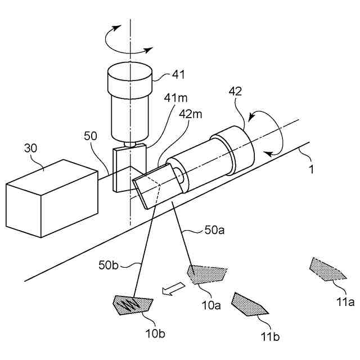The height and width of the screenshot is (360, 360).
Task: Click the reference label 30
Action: click(30, 148)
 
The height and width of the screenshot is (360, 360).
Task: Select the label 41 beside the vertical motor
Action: click(178, 74)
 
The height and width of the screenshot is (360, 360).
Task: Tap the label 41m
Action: click(175, 98)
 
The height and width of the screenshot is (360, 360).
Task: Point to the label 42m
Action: click(190, 114)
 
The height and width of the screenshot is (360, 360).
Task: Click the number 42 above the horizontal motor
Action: click(235, 91)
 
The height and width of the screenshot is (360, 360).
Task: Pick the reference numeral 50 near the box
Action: click(91, 136)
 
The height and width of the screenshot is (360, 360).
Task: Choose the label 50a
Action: click(214, 230)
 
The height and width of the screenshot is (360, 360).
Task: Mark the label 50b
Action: click(109, 265)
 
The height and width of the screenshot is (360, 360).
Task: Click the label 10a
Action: click(211, 305)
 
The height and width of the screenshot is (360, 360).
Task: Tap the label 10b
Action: click(155, 334)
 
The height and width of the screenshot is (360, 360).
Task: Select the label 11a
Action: click(345, 301)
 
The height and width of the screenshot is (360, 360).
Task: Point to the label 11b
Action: click(270, 336)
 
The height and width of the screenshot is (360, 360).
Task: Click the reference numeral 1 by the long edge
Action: click(311, 169)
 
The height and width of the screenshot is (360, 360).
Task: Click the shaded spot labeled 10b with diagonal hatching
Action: click(133, 305)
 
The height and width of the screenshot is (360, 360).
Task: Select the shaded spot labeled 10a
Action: click(207, 274)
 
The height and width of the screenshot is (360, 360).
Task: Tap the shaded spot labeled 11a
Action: click(327, 269)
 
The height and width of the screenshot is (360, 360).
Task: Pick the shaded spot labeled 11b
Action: click(249, 305)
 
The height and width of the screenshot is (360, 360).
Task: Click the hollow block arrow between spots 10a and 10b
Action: click(173, 288)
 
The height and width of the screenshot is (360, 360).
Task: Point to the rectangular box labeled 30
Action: click(52, 199)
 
